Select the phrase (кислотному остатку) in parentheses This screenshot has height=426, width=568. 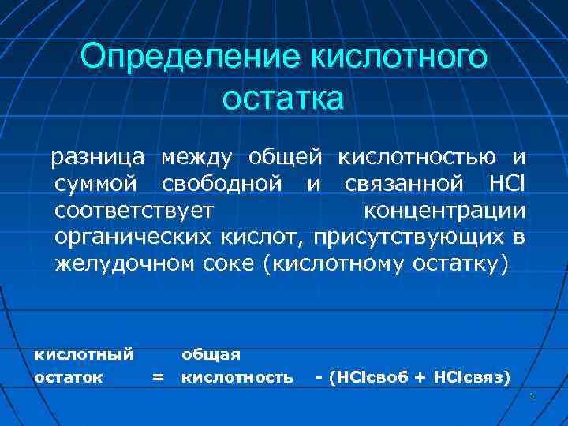(386, 263)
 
